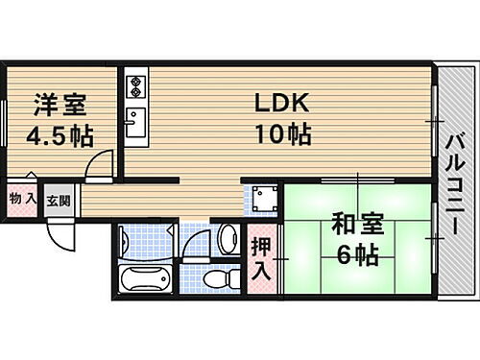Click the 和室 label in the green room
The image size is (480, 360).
(358, 225)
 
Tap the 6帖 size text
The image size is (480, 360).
(358, 254)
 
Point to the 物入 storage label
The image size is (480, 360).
(22, 199)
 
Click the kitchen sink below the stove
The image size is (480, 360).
(134, 123)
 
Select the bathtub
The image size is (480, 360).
(144, 280)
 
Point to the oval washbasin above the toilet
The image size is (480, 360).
(228, 237)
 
